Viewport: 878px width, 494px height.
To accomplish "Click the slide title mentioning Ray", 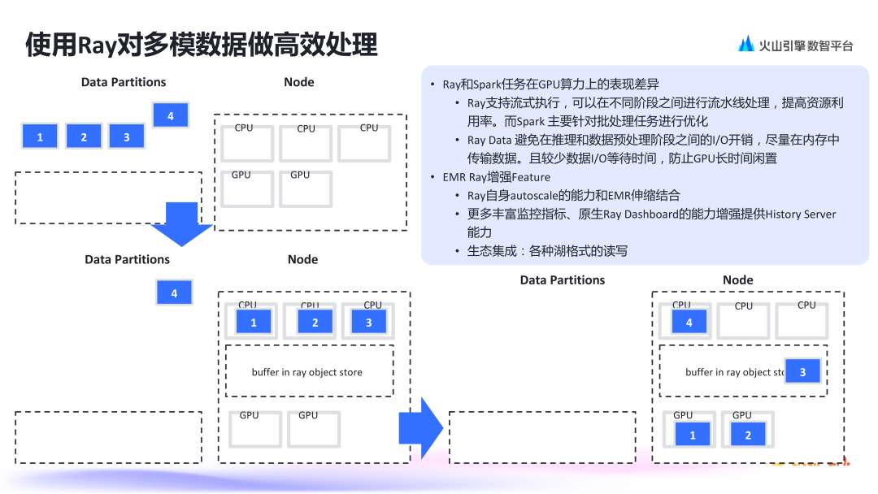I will tap(202, 45).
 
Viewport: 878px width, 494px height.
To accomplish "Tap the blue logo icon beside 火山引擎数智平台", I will tap(745, 45).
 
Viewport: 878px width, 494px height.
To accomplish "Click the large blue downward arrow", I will tap(181, 223).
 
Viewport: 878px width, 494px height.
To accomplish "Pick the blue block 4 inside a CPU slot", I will tap(689, 323).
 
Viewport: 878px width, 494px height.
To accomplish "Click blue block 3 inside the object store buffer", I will tap(802, 371).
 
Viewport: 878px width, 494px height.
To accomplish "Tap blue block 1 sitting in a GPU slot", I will tap(693, 435).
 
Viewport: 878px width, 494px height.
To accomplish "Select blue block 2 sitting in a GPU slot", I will tap(748, 435).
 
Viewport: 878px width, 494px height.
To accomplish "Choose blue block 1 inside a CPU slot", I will tap(254, 323).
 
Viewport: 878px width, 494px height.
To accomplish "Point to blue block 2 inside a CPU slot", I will tap(315, 323).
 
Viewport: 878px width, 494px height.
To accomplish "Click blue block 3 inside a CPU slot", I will tap(368, 323).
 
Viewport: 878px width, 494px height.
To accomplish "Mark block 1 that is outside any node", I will tap(40, 137).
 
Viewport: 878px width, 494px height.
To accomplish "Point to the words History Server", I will tap(801, 214).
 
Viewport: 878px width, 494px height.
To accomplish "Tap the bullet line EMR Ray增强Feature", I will tap(496, 177).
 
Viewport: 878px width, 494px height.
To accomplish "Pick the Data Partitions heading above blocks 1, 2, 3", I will tap(124, 82).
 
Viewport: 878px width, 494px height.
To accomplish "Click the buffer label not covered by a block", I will tap(306, 372).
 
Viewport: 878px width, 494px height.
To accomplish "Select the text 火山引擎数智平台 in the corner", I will tap(806, 46).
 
